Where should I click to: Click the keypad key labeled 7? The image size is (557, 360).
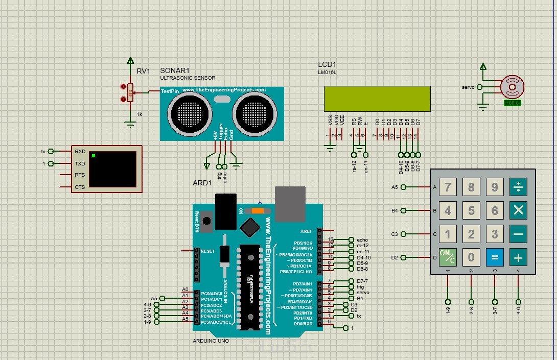point(448,187)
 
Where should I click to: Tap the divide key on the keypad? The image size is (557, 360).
point(518,187)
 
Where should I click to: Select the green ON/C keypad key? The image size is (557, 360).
point(448,257)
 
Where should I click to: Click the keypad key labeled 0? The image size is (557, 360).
point(471,257)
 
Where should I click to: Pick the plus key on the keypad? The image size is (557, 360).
point(518,257)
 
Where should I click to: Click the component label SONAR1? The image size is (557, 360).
point(175,70)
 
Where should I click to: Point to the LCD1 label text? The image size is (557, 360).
point(327,65)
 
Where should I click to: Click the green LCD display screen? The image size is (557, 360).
point(377,99)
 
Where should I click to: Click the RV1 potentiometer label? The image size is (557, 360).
point(143,71)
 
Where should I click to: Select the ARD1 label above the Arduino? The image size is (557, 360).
point(202,183)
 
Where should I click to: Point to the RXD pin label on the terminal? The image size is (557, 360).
point(80,151)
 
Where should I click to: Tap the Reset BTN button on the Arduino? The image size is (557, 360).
point(207,221)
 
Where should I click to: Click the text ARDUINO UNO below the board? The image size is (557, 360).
point(211,341)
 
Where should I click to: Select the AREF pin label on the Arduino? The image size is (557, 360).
point(306,231)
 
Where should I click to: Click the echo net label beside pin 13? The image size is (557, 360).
point(362,239)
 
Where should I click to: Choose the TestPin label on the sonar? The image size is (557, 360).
point(170,91)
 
